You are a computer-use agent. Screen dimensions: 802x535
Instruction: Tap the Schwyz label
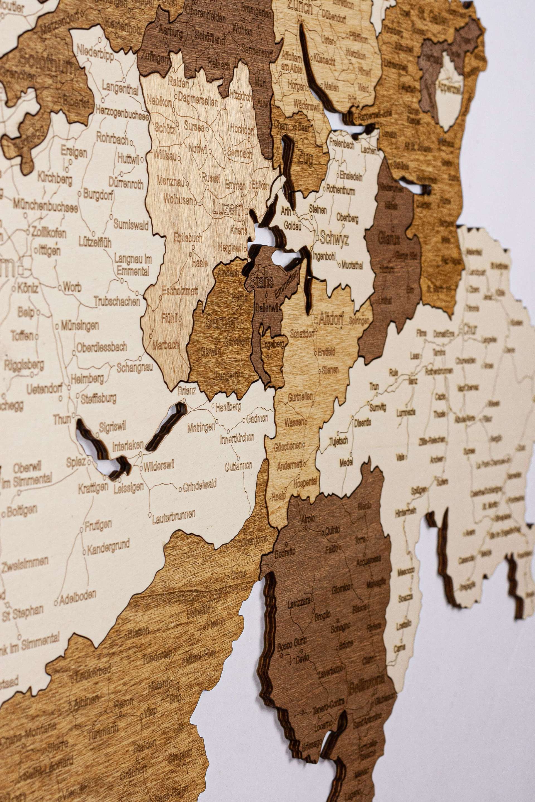pyautogui.click(x=334, y=240)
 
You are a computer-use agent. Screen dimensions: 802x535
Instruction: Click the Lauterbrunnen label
pyautogui.click(x=174, y=516)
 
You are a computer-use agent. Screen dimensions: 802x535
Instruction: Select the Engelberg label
pyautogui.click(x=272, y=344)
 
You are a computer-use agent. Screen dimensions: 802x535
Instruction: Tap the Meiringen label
pyautogui.click(x=201, y=428)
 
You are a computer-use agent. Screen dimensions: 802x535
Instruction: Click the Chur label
pyautogui.click(x=470, y=329)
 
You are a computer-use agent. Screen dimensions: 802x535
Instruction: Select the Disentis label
pyautogui.click(x=362, y=423)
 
